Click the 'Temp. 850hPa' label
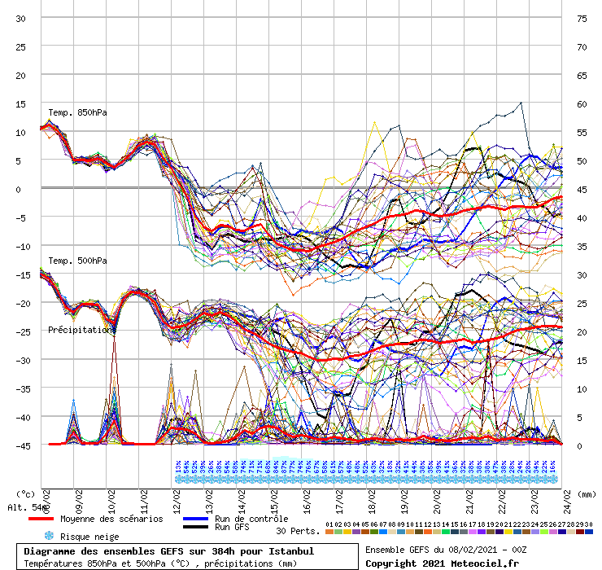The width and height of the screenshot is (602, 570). point(77,112)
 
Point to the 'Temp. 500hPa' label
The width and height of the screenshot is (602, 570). point(77,261)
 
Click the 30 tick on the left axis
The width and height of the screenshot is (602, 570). point(21,18)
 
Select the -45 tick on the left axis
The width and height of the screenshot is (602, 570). point(20,445)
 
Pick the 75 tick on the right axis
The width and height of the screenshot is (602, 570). point(582,18)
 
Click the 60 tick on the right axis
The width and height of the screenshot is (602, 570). point(582,103)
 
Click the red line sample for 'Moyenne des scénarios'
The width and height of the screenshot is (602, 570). point(53,519)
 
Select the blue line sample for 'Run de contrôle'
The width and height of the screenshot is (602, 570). point(197,519)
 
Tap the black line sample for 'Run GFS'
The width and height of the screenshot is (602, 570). point(197,528)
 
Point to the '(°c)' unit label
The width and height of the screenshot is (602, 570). point(25,493)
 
